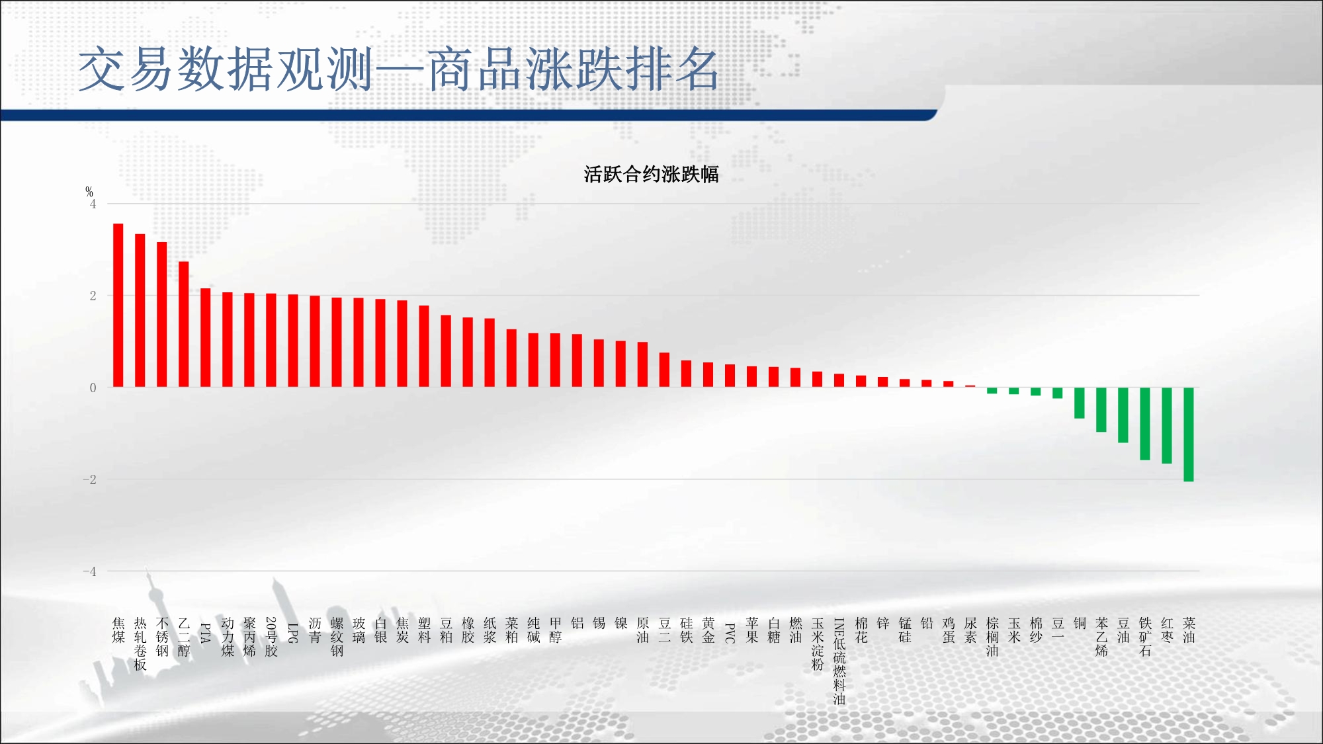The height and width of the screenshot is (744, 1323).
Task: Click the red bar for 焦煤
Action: click(x=118, y=306)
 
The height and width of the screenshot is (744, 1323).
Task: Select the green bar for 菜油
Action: click(x=1189, y=434)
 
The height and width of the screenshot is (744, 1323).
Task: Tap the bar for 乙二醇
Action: click(x=184, y=324)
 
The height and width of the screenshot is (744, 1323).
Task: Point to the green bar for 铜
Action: click(x=1080, y=403)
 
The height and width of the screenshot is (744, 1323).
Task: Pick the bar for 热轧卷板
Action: click(x=140, y=311)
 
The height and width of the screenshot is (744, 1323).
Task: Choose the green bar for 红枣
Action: click(x=1167, y=425)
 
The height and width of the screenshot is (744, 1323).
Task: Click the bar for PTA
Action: click(x=206, y=338)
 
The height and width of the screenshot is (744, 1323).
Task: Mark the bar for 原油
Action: click(x=642, y=364)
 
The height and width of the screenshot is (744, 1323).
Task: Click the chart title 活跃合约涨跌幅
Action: click(x=651, y=175)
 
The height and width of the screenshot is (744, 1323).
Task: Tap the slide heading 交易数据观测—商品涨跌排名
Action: click(x=398, y=69)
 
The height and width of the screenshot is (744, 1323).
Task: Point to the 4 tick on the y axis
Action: click(x=93, y=204)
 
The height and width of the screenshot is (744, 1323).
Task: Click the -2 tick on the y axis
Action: click(x=89, y=479)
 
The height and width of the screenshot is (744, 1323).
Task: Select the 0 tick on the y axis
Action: click(x=93, y=388)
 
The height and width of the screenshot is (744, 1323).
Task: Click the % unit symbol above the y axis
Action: click(x=89, y=192)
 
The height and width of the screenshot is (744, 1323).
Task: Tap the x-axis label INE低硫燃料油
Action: click(x=839, y=661)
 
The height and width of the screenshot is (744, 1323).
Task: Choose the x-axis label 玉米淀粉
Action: click(x=818, y=643)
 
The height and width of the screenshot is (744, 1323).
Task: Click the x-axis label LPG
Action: click(x=293, y=633)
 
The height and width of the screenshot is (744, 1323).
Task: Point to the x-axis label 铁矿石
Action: click(x=1145, y=637)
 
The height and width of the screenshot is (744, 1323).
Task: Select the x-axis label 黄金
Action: click(x=708, y=630)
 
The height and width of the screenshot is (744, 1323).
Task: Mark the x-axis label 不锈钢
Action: click(x=162, y=637)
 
